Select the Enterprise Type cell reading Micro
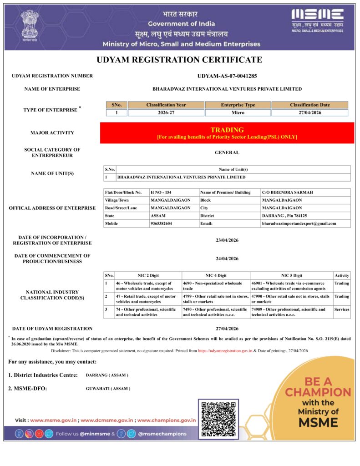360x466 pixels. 238,112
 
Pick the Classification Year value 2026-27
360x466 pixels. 166,112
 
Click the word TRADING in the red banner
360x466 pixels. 227,130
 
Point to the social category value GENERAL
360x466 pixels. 227,152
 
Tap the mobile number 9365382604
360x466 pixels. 162,223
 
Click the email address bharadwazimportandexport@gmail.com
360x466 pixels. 299,223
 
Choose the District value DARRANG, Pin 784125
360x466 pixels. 284,216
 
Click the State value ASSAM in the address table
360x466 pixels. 158,216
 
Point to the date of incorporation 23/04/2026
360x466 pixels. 227,240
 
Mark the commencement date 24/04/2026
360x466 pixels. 227,258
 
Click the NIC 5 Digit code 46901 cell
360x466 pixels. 291,286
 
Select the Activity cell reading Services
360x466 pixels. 342,309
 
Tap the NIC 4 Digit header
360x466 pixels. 216,275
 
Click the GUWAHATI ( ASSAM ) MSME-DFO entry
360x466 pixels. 108,389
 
